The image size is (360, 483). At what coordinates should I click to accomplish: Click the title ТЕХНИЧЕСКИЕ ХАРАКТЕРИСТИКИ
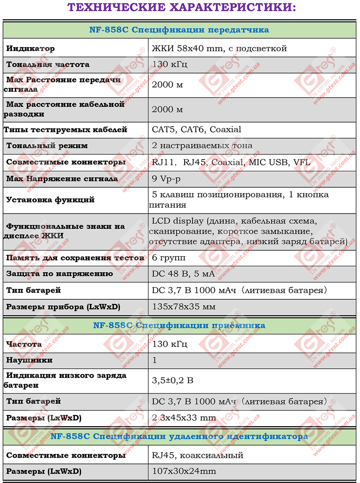(181, 7)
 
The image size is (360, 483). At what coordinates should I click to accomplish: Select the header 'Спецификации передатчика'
(179, 30)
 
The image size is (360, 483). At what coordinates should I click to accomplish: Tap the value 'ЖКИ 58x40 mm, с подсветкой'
(219, 48)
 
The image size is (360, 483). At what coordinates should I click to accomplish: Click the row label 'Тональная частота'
(48, 64)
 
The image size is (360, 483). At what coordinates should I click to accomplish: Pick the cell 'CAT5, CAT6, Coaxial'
(197, 129)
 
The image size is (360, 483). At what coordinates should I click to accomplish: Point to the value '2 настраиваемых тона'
(202, 146)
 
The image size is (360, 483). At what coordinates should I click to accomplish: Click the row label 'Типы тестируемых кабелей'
(66, 130)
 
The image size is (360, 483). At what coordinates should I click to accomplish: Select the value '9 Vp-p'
(166, 178)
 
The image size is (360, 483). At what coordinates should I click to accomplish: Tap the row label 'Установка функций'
(50, 200)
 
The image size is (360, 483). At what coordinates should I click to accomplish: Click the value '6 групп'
(168, 258)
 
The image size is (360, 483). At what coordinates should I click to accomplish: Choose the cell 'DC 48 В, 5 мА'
(183, 274)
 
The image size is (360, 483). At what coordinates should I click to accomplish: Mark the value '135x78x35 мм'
(184, 307)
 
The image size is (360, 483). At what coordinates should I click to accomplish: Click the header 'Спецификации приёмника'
(179, 326)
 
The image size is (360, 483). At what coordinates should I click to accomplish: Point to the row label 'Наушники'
(30, 360)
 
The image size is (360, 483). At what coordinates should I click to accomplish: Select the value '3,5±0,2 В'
(172, 380)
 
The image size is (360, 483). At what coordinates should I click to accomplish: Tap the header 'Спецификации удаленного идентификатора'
(179, 436)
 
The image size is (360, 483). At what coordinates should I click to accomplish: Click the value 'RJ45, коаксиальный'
(198, 455)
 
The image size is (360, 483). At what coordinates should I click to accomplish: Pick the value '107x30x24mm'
(184, 471)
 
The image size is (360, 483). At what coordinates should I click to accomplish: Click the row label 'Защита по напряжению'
(59, 274)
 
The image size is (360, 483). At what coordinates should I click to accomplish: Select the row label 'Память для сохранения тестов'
(75, 258)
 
